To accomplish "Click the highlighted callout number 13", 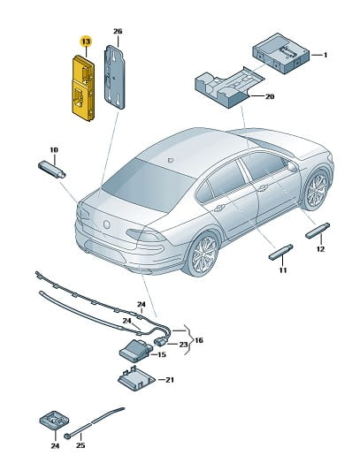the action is [86, 42].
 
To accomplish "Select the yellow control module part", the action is [83, 88].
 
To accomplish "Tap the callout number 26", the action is [118, 31].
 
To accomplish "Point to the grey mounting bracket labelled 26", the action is [114, 77].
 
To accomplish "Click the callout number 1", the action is [326, 55].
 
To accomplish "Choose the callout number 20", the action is [270, 96].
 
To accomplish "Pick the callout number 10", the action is [54, 150].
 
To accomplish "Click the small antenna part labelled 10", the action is [51, 170].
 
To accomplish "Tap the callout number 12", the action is [320, 249].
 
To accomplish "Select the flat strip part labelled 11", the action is [280, 252].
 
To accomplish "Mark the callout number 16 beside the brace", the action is [199, 340].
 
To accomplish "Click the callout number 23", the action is [184, 345].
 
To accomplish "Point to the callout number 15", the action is [162, 354].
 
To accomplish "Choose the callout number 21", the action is [169, 379].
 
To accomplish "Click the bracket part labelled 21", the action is [136, 379].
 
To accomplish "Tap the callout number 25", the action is [80, 445].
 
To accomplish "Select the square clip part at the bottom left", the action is [55, 420].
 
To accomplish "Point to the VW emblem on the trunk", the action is [106, 224].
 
